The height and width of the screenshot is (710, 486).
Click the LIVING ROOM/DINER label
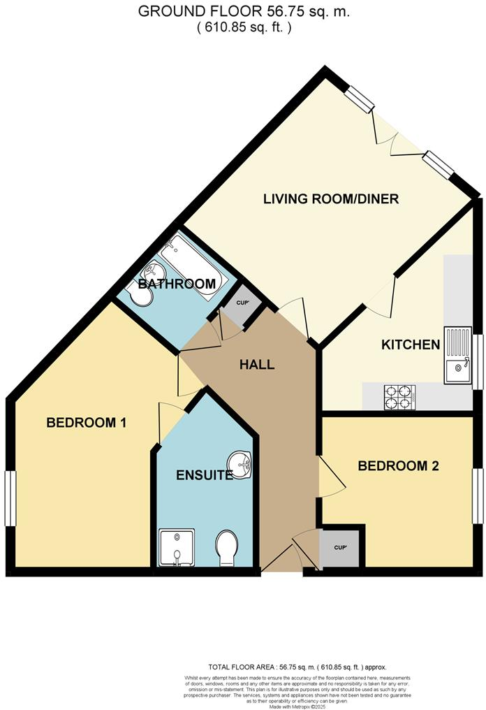click(330, 199)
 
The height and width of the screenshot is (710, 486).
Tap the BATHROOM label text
click(176, 284)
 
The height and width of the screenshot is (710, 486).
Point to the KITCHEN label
click(410, 345)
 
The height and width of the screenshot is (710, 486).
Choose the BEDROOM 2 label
click(398, 466)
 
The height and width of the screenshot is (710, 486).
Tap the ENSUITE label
click(205, 475)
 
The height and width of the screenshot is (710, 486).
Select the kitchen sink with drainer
click(457, 356)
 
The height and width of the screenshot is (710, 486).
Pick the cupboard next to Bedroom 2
click(340, 547)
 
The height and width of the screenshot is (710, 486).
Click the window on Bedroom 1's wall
click(10, 497)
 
